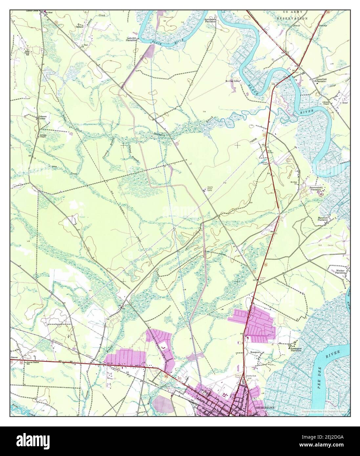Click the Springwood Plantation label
tap(210, 20)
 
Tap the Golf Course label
tap(323, 245)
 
